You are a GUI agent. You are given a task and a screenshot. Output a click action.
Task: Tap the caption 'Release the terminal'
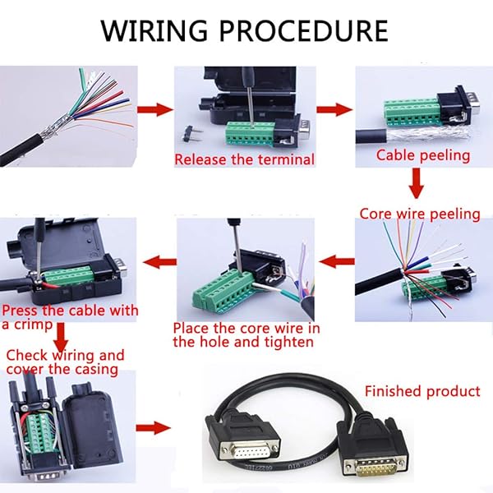(244, 159)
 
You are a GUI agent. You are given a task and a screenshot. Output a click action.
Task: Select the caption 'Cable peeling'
(422, 155)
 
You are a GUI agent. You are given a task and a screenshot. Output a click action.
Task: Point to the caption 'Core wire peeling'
(419, 214)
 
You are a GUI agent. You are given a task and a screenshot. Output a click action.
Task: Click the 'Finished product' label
(422, 391)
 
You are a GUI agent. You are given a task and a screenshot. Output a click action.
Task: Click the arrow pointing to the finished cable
(154, 428)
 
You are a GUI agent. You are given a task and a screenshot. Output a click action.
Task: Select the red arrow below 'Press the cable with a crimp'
(62, 336)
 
